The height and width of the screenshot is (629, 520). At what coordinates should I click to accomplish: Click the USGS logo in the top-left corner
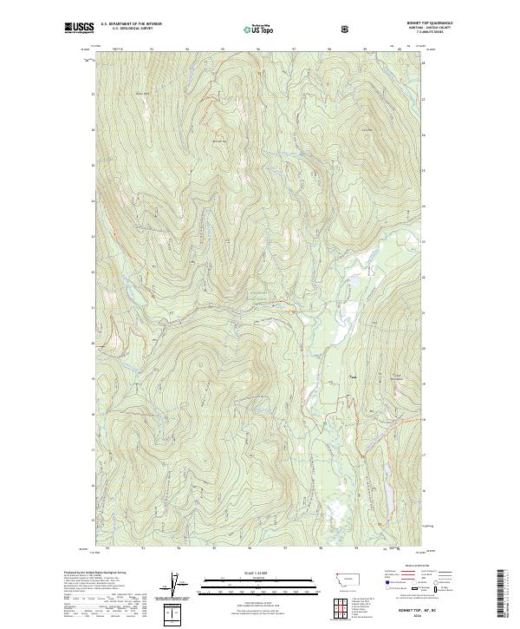pyautogui.click(x=79, y=29)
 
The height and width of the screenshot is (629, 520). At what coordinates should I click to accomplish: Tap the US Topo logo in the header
pyautogui.click(x=254, y=29)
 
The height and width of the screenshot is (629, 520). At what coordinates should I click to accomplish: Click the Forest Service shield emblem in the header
pyautogui.click(x=346, y=29)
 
